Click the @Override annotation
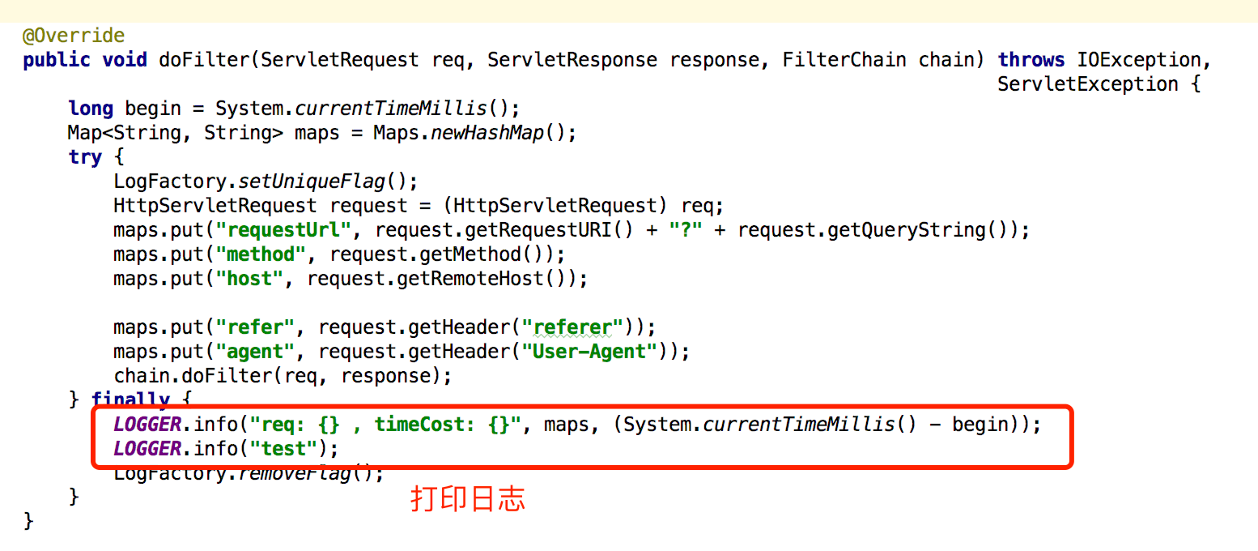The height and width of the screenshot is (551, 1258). tap(74, 36)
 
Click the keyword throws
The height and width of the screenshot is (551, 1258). tap(1031, 60)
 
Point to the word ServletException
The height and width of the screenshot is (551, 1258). tap(1087, 84)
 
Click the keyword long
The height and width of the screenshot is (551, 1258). tap(91, 109)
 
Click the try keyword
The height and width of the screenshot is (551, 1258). tap(85, 157)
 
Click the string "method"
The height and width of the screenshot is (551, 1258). tap(261, 254)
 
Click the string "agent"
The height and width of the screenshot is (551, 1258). tap(256, 352)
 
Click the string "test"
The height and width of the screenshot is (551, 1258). tap(284, 449)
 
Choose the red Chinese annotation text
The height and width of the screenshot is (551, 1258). tap(468, 498)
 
